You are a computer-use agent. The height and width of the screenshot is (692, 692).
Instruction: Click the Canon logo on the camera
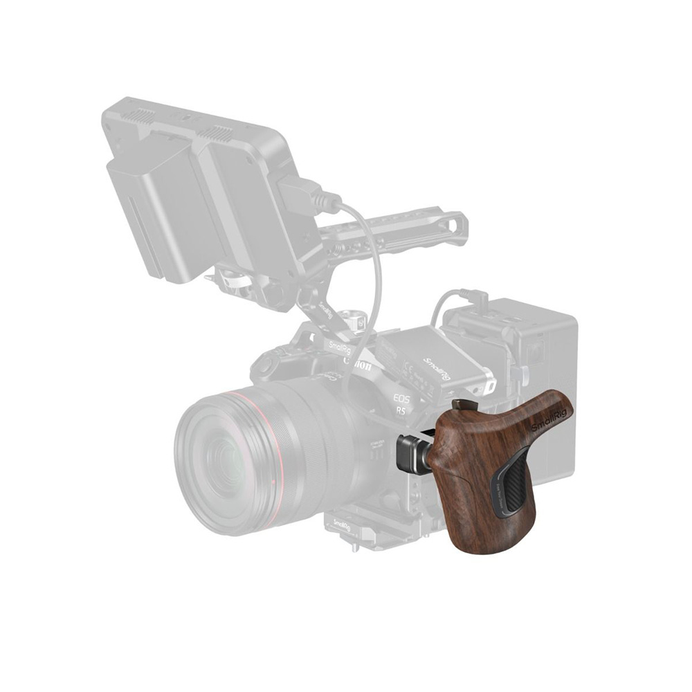pos(358,363)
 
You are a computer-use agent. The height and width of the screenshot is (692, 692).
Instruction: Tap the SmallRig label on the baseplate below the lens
pos(342,525)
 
